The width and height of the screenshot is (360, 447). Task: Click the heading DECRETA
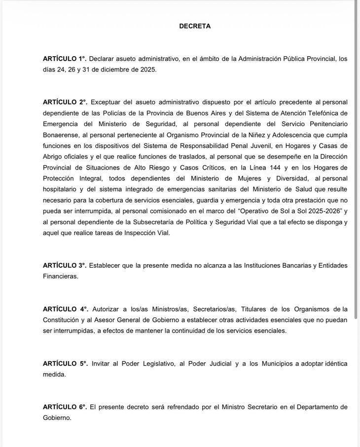[195, 26]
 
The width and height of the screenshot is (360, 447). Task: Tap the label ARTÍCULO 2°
[65, 102]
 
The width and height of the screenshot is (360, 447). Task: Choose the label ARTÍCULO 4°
[65, 309]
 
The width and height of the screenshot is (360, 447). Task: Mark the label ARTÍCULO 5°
[65, 363]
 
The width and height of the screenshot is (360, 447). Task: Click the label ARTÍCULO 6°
[65, 407]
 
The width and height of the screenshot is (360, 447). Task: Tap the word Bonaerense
[61, 135]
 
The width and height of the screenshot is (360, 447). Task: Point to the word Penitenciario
[326, 124]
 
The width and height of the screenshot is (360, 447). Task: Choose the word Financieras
[60, 276]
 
